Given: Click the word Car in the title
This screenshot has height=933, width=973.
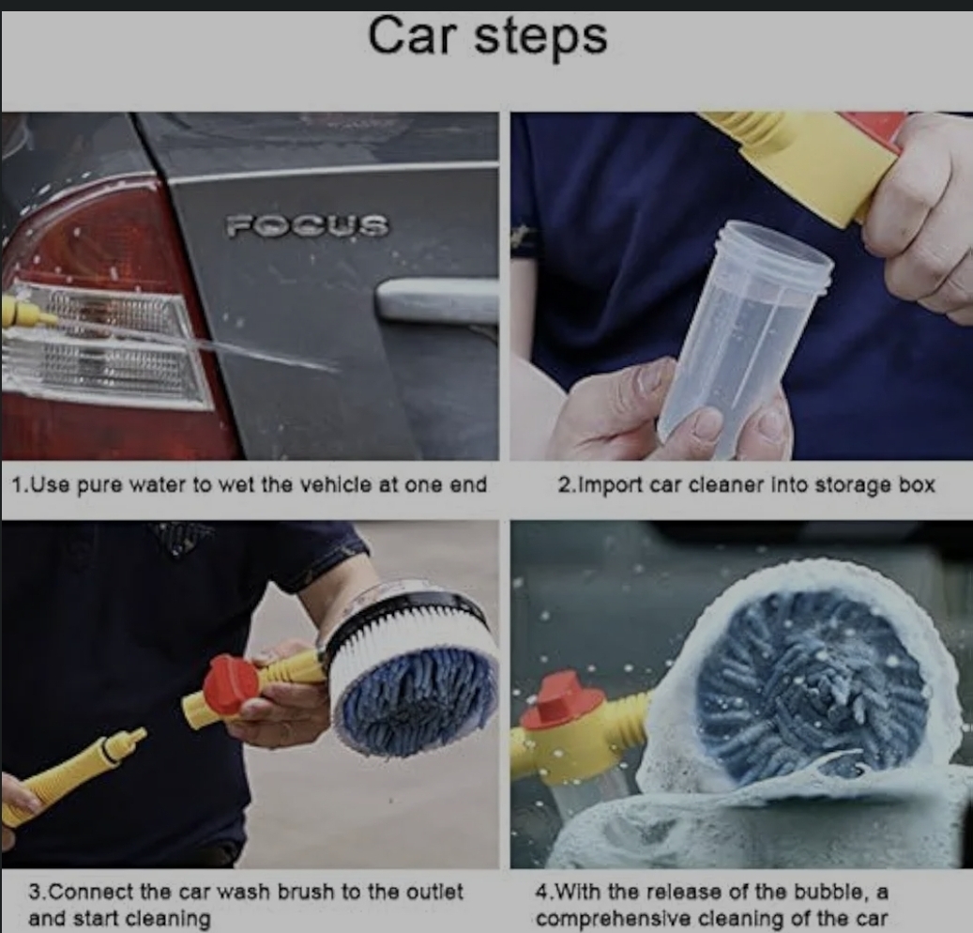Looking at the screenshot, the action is pyautogui.click(x=411, y=36).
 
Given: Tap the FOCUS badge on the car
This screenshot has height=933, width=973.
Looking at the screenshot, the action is pyautogui.click(x=307, y=225).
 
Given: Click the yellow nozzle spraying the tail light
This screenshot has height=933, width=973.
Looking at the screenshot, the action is pyautogui.click(x=28, y=311).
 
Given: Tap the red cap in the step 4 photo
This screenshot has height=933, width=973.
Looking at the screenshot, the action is pyautogui.click(x=562, y=700).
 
